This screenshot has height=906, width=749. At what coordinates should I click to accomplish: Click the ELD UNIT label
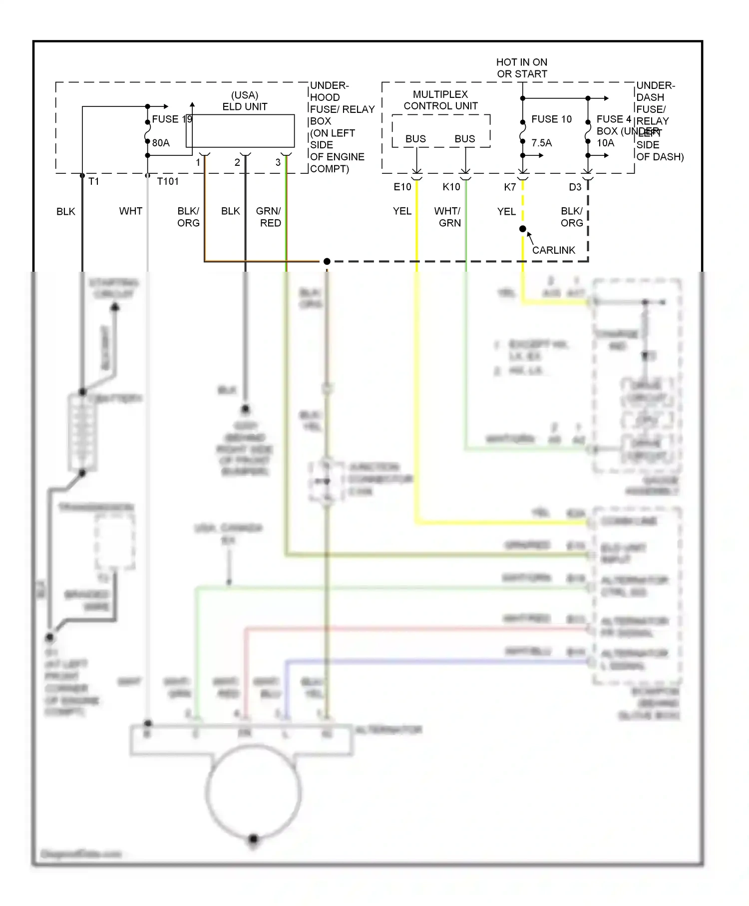coord(245,101)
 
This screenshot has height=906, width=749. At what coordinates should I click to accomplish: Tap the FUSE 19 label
coord(172,119)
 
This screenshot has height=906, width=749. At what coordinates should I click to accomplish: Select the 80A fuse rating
coord(161,143)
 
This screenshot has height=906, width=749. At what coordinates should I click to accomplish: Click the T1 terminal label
coord(94,182)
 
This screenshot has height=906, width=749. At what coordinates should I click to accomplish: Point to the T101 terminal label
coord(168,182)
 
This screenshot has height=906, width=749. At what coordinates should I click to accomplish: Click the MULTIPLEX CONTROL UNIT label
coord(440,100)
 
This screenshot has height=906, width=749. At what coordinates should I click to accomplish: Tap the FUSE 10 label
coord(551,119)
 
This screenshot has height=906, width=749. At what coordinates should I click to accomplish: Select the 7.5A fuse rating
coord(542,143)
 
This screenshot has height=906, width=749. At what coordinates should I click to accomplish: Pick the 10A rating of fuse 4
coord(605,143)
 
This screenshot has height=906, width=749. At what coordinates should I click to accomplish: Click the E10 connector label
coord(402,187)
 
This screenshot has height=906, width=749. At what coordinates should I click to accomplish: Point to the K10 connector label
coord(451,187)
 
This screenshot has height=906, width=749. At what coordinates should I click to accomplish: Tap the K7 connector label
coord(510,187)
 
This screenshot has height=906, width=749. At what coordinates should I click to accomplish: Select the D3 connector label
coord(575,187)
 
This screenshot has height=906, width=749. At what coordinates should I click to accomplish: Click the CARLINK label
coord(553,250)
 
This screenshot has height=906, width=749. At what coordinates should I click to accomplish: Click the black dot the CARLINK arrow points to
coord(523,229)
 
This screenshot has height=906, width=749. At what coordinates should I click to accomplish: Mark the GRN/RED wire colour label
coord(269,217)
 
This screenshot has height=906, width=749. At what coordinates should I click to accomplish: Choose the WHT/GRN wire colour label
coord(448,217)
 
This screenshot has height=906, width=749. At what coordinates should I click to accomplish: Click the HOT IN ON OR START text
coord(522,68)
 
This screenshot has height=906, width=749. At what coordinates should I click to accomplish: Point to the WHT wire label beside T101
coord(131,211)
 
